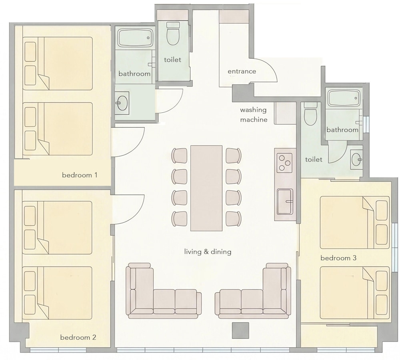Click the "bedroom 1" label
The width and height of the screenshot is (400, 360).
coord(80,175)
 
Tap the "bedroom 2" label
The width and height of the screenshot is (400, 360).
coord(78,337)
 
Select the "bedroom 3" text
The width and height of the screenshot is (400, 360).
coord(338,258)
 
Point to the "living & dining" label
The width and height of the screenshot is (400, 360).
coord(208,252)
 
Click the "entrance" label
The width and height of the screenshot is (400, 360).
coord(242,72)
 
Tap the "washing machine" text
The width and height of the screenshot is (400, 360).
coord(254,115)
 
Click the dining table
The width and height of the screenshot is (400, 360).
coord(206,188)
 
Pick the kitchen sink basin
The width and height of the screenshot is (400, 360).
coord(285,202)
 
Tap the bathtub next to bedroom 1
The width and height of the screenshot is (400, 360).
coord(135,38)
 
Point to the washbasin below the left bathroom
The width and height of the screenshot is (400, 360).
coord(122,102)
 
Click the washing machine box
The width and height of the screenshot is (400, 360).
coord(285,113)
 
